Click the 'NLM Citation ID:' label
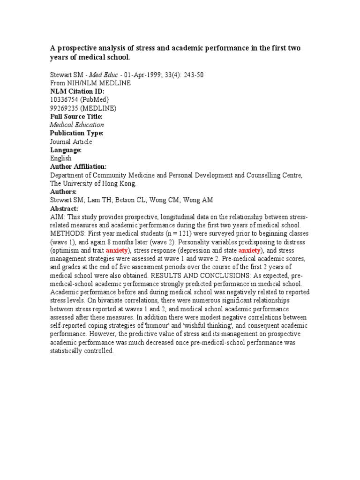coord(77,91)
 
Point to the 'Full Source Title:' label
coord(76,116)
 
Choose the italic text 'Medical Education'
coord(77,125)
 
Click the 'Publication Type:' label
coord(76,133)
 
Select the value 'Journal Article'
coord(71,142)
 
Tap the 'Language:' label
coord(66,150)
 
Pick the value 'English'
coord(60,158)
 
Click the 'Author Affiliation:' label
coord(78,167)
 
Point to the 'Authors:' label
coord(63,192)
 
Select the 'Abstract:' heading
coord(64,209)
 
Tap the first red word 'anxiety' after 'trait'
coord(117,250)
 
